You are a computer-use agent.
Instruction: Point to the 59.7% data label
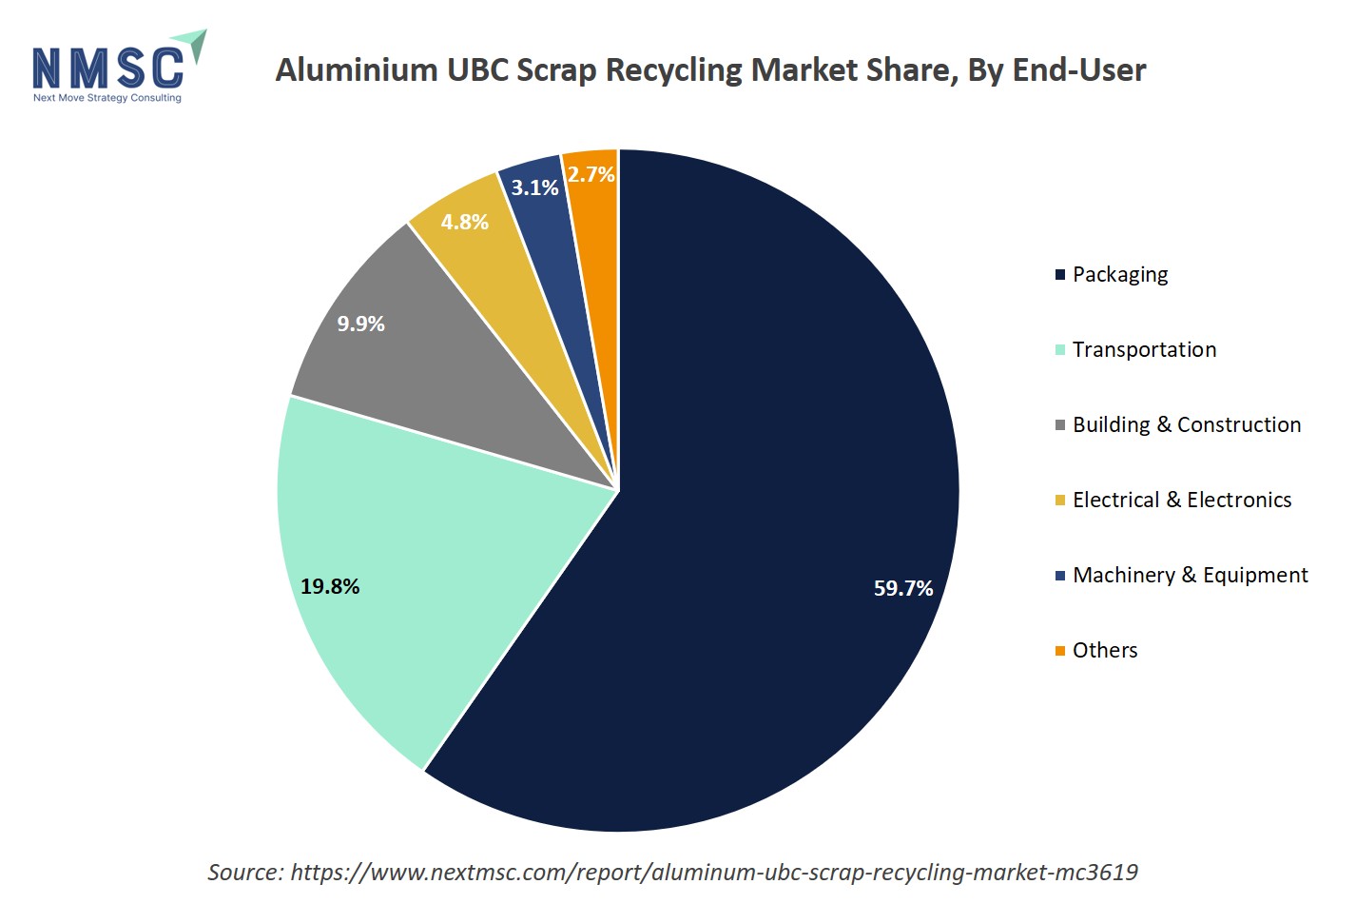[x=902, y=588]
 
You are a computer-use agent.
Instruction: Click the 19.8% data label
[x=330, y=586]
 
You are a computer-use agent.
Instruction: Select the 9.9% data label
[x=360, y=324]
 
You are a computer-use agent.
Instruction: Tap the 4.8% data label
[x=464, y=222]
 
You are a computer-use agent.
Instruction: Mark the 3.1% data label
[x=534, y=187]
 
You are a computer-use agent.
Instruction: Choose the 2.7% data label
[x=591, y=174]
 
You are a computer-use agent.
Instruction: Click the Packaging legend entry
[x=1119, y=274]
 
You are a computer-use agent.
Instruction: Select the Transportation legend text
[x=1144, y=349]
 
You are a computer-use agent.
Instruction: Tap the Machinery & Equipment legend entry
[x=1190, y=575]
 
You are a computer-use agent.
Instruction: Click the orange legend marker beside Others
[x=1060, y=651]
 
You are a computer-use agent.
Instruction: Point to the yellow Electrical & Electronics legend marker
[x=1060, y=501]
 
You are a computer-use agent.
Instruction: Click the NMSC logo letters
[x=107, y=68]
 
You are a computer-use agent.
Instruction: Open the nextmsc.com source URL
[x=713, y=872]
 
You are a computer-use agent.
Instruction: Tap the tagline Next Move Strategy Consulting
[x=107, y=97]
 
